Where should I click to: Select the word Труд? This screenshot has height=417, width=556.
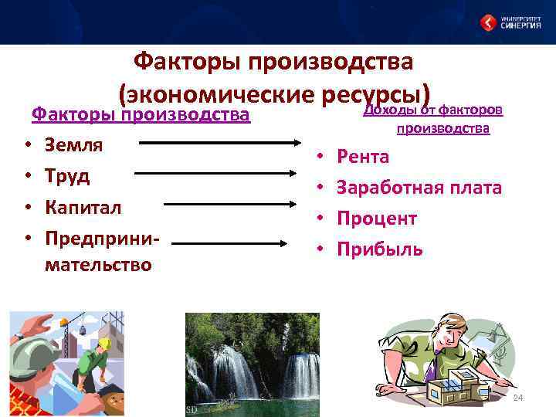(66, 175)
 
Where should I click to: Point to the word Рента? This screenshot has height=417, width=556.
(363, 157)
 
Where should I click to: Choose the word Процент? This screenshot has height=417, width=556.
(377, 219)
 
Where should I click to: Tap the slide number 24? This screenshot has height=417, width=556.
(518, 398)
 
